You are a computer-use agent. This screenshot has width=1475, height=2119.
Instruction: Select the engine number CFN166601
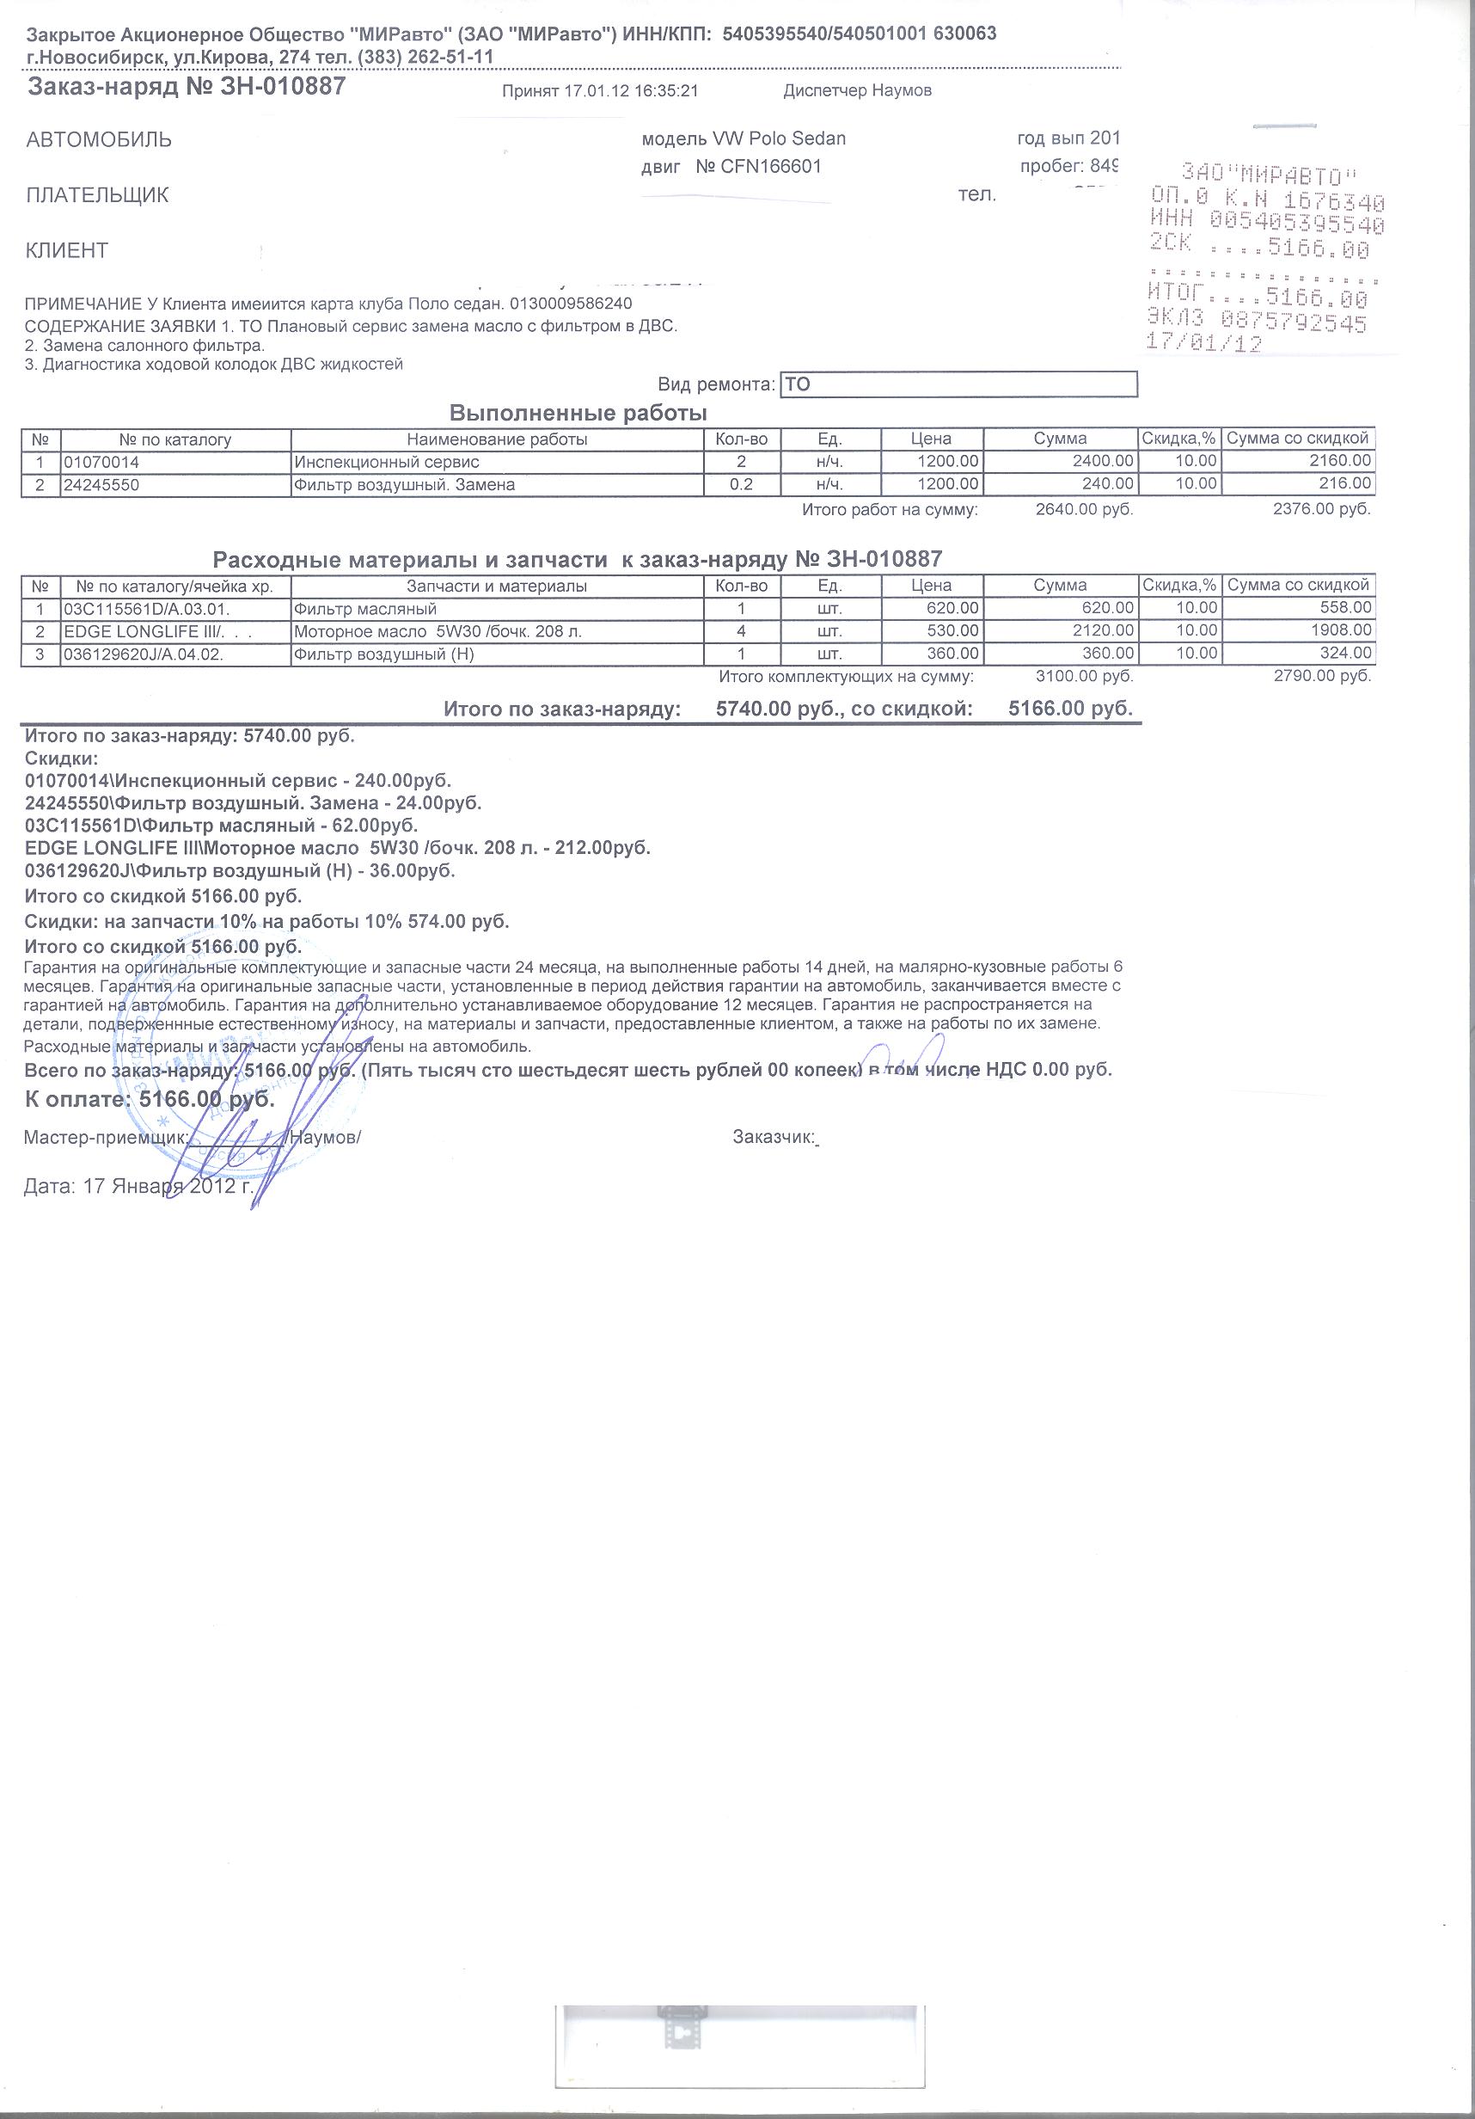771,167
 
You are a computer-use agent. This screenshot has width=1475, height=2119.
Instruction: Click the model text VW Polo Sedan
779,139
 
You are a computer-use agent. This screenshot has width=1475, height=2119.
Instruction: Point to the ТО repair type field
958,384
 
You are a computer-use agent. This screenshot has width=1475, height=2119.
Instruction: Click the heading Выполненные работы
578,413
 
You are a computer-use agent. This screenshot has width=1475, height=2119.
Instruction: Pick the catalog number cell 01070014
101,462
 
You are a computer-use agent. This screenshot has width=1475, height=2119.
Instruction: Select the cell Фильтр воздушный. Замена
404,484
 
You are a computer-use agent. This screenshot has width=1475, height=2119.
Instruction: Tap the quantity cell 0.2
741,484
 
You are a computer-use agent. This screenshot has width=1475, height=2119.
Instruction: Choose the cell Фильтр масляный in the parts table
365,609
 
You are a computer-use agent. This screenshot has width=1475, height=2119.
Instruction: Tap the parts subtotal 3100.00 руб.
1084,677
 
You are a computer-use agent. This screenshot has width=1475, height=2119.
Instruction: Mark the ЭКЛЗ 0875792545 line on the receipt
1257,322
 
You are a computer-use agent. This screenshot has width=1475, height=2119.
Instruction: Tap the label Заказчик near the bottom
773,1138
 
